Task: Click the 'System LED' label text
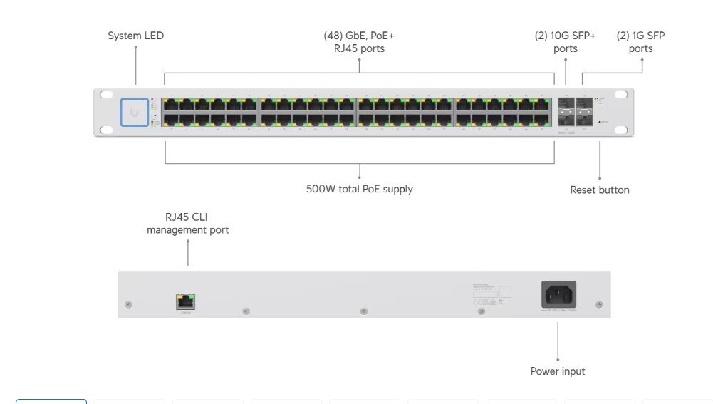(x=135, y=36)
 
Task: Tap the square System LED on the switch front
(x=135, y=112)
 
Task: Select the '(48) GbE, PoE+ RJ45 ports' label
(x=359, y=42)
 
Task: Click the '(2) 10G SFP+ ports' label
(x=565, y=42)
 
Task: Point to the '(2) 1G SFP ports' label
(x=640, y=42)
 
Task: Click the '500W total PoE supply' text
(x=359, y=190)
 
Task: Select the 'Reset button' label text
(x=599, y=190)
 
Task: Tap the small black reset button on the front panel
(x=600, y=123)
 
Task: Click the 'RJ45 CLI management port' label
(x=187, y=224)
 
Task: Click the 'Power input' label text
(x=557, y=371)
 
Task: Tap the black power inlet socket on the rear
(x=558, y=294)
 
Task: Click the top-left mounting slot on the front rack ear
(x=107, y=95)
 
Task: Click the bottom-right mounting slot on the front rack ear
(x=621, y=130)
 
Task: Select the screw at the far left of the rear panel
(x=128, y=305)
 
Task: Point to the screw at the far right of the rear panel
(x=598, y=305)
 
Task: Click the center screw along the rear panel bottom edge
(x=364, y=311)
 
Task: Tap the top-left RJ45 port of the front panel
(x=170, y=104)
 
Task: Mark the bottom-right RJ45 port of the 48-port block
(x=543, y=120)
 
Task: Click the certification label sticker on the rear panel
(x=491, y=292)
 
